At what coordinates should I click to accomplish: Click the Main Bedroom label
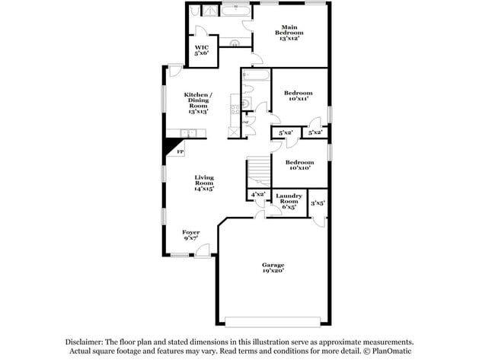point(289,30)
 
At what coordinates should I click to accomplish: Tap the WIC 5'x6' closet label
point(201,50)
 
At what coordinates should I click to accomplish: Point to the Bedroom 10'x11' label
point(299,96)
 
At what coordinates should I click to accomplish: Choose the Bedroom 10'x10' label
point(299,165)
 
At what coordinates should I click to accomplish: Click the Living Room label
point(203,181)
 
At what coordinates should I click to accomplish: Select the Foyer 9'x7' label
point(191,235)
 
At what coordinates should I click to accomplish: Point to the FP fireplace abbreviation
point(180,152)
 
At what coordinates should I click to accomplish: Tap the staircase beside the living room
point(259,172)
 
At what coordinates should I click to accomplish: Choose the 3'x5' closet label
point(318,202)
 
